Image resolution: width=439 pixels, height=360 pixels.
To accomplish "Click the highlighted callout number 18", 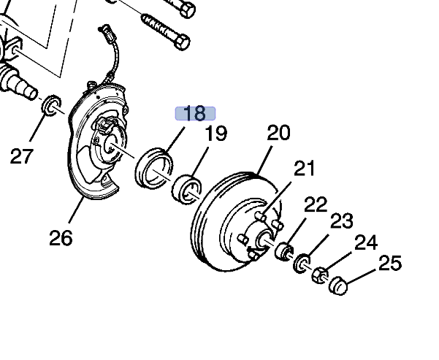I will (194, 113).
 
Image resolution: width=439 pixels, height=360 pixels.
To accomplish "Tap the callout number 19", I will (215, 134).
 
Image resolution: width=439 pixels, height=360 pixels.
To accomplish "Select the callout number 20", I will (278, 132).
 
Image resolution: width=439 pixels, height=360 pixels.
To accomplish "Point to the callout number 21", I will (304, 169).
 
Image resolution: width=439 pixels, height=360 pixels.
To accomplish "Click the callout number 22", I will (316, 204).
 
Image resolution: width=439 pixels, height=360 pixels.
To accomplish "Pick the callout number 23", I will (341, 221).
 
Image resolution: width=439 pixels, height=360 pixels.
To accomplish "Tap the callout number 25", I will (390, 263).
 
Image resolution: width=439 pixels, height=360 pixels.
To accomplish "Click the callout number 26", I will (61, 238).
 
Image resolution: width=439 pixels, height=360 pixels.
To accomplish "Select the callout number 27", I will (23, 155).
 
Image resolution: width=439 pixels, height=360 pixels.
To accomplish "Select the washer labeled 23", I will (301, 264).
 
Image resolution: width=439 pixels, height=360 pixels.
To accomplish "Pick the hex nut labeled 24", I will (318, 276).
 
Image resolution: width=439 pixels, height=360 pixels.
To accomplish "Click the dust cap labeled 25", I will (337, 285).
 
